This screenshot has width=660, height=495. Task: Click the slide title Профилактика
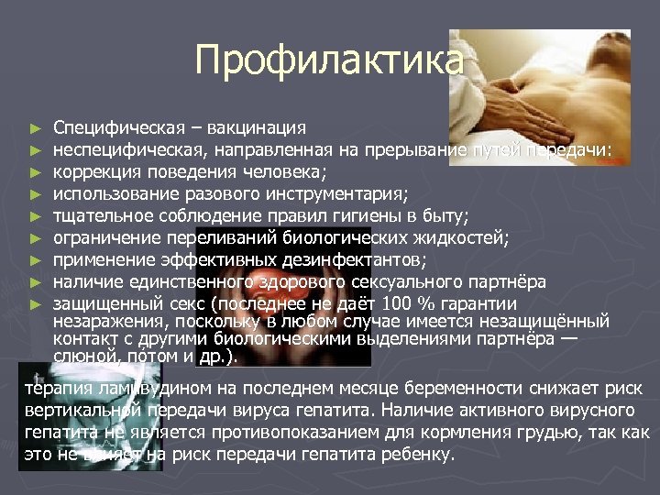pyautogui.click(x=329, y=61)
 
